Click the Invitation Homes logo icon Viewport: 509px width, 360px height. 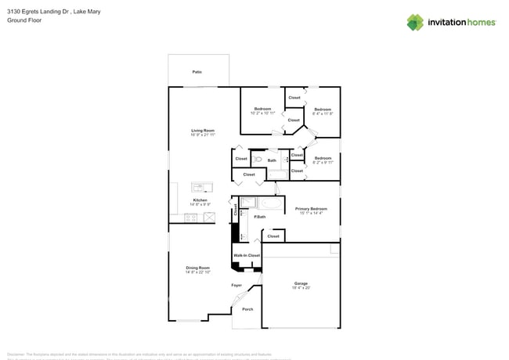[414, 23]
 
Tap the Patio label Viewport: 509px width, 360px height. [197, 72]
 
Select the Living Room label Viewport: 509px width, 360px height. [203, 131]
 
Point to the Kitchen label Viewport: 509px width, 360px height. [200, 200]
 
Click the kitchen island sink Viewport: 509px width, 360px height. [201, 187]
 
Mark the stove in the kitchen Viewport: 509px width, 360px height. [190, 218]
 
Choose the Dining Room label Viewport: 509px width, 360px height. [197, 268]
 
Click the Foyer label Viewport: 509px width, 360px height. [236, 285]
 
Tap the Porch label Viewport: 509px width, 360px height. [247, 309]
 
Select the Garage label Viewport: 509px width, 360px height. [301, 283]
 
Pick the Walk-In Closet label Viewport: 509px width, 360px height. [246, 255]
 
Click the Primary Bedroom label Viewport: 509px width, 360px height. [311, 209]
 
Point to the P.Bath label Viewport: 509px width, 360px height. [259, 217]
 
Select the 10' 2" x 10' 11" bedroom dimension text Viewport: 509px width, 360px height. [262, 113]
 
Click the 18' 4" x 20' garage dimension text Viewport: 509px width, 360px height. [301, 288]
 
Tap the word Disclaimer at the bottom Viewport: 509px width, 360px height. [16, 354]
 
